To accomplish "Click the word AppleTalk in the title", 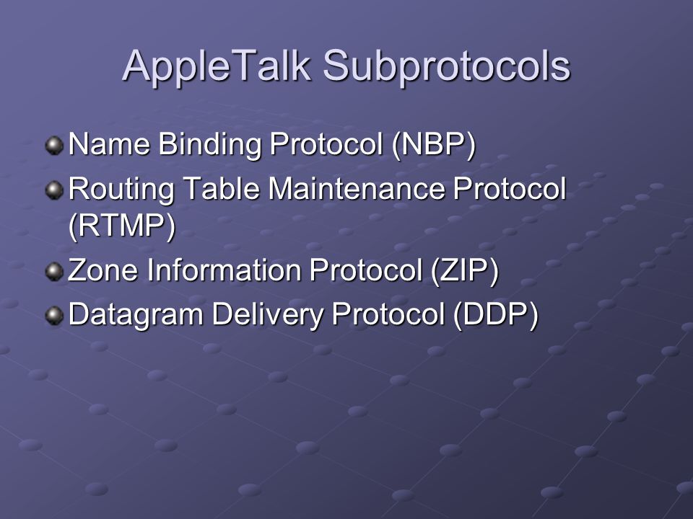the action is [x=216, y=67].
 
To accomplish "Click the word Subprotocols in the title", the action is [x=446, y=67].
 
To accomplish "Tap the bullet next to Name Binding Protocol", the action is [x=54, y=146].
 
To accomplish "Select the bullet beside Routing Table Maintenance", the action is [x=54, y=190].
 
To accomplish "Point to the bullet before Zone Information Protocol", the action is [x=54, y=272].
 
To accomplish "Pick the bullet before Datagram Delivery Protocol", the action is [x=54, y=316].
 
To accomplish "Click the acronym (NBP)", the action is [x=434, y=145].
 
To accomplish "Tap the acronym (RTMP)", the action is [x=122, y=226].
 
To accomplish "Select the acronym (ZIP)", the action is [x=464, y=270].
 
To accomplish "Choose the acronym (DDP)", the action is [x=496, y=314].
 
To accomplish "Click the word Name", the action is [x=109, y=144].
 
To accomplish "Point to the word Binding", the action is [x=210, y=146].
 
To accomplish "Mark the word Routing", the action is [x=121, y=190].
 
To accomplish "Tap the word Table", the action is [x=221, y=188].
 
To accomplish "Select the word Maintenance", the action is [x=356, y=188].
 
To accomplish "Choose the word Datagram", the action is [x=136, y=316].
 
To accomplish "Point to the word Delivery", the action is [x=267, y=316].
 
